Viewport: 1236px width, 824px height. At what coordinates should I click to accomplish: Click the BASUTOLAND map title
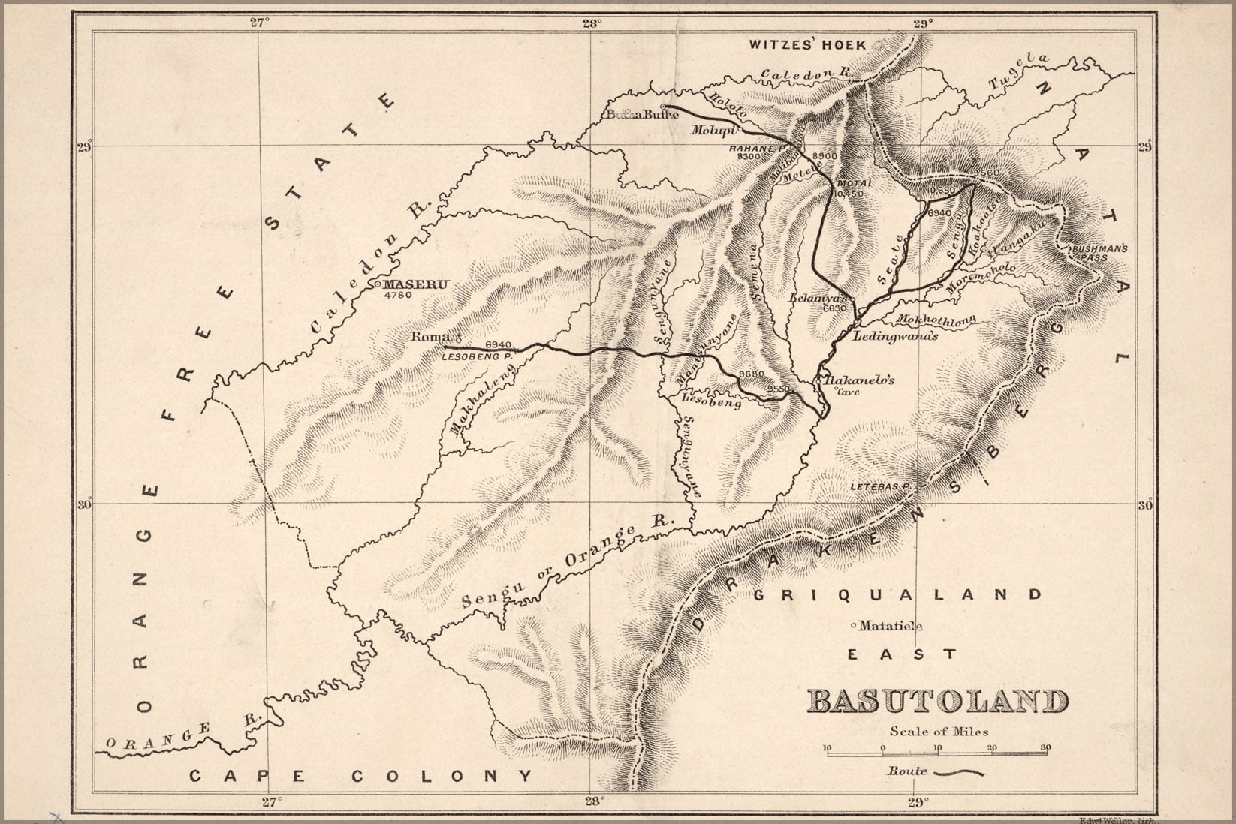[x=937, y=702]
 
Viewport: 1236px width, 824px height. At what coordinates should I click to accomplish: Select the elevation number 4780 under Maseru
[x=398, y=296]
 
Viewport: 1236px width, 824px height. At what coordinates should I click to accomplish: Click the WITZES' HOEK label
[x=807, y=45]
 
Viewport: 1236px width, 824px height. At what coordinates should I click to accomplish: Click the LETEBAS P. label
[x=880, y=487]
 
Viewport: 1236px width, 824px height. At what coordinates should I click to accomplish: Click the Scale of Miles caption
[x=939, y=731]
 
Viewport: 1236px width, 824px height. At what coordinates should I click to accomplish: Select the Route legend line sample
[x=958, y=771]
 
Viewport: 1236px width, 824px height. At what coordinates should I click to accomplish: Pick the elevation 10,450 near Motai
[x=848, y=194]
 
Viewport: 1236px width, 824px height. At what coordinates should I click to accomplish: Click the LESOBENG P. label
[x=475, y=357]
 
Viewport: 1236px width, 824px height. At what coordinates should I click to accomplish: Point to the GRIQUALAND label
[x=897, y=595]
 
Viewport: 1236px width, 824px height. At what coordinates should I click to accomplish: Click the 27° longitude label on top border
[x=259, y=23]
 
